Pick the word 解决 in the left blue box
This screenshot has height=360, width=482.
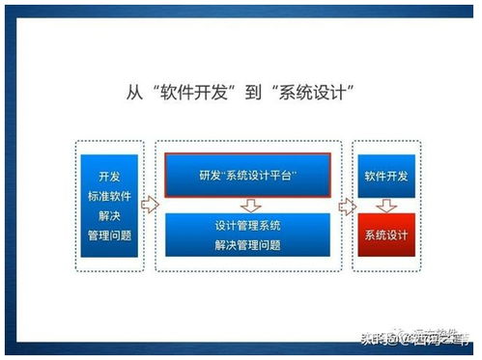point(109,215)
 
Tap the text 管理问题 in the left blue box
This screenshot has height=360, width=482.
point(109,235)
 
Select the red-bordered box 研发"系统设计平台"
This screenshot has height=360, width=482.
point(247,175)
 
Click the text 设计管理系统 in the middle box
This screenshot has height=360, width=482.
point(247,226)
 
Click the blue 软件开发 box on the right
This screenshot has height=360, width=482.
point(386,177)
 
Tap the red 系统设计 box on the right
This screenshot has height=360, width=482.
point(386,235)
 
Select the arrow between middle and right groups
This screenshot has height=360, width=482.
point(346,205)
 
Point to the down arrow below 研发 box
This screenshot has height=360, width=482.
point(248,205)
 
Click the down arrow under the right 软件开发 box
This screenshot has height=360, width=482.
point(386,206)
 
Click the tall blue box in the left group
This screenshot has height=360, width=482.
point(109,205)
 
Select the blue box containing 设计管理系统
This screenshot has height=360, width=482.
point(247,236)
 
